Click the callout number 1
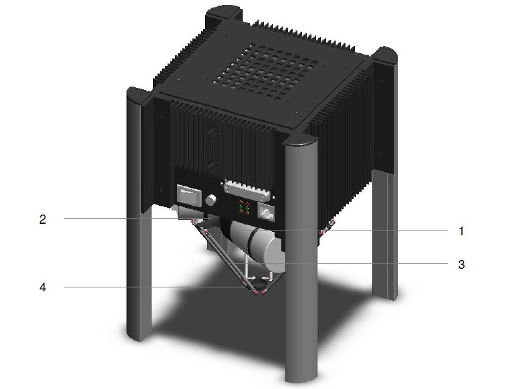[461, 231]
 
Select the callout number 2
[43, 219]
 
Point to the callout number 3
[461, 264]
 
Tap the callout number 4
[43, 287]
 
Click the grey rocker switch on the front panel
[189, 196]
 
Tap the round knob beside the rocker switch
[211, 200]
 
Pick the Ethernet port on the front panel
[266, 212]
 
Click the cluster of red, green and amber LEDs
[244, 208]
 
